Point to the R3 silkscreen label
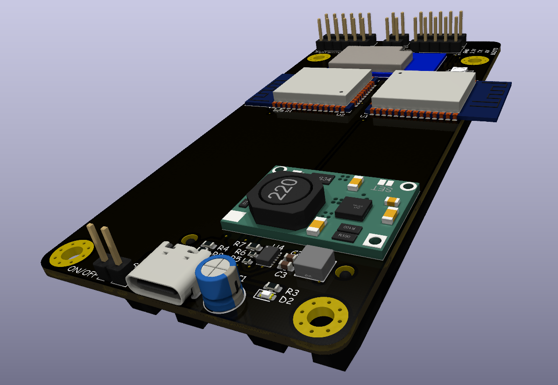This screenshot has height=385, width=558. pyautogui.click(x=292, y=292)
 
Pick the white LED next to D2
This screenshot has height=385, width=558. pyautogui.click(x=265, y=295)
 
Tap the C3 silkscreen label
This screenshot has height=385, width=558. pyautogui.click(x=280, y=275)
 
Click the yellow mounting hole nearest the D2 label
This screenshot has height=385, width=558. pyautogui.click(x=321, y=318)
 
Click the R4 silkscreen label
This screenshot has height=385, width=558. pyautogui.click(x=223, y=249)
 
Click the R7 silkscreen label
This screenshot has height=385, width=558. pyautogui.click(x=240, y=244)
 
